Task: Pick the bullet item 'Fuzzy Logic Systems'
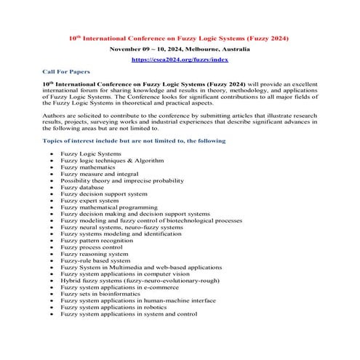pyautogui.click(x=91, y=154)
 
